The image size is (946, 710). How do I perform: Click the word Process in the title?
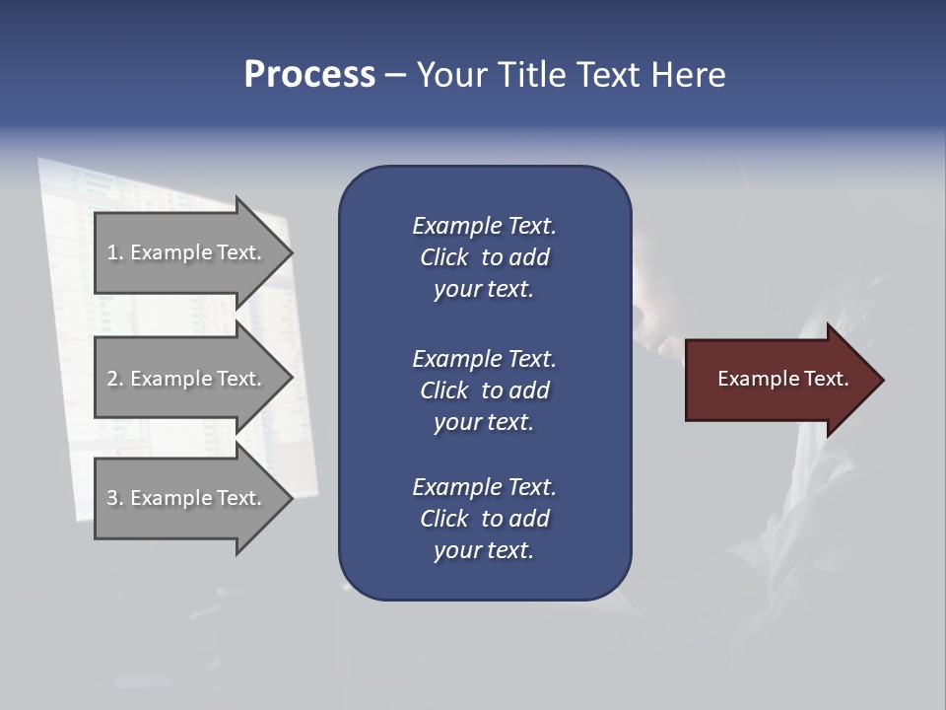309,74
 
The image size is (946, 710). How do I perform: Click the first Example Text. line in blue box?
484,226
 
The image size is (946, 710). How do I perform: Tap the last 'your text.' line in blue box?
484,550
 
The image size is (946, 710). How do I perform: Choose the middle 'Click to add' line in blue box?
484,390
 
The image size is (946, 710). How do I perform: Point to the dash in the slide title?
395,75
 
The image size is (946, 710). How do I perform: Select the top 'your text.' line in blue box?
484,289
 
